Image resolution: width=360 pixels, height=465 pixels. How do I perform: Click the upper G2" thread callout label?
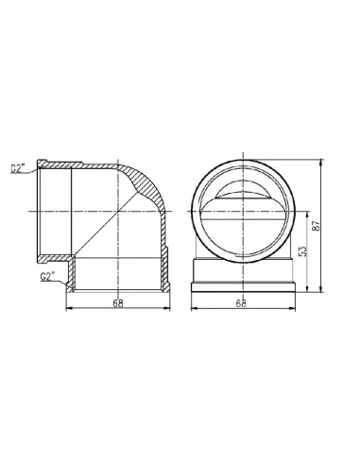coord(18,168)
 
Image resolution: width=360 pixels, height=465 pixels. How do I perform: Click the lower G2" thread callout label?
coord(47,276)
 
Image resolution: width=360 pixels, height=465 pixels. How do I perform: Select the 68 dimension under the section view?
coord(118,303)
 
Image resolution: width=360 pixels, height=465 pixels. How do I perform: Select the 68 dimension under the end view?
coord(242,303)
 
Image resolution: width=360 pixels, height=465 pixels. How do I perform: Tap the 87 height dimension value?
coord(317,225)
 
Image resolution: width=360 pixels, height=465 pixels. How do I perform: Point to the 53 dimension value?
coord(302,250)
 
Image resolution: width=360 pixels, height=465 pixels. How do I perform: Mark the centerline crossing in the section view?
coord(117,211)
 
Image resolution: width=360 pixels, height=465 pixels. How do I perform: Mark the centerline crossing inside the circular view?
coord(243,211)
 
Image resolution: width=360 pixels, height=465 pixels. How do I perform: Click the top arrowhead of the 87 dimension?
coord(321,162)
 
